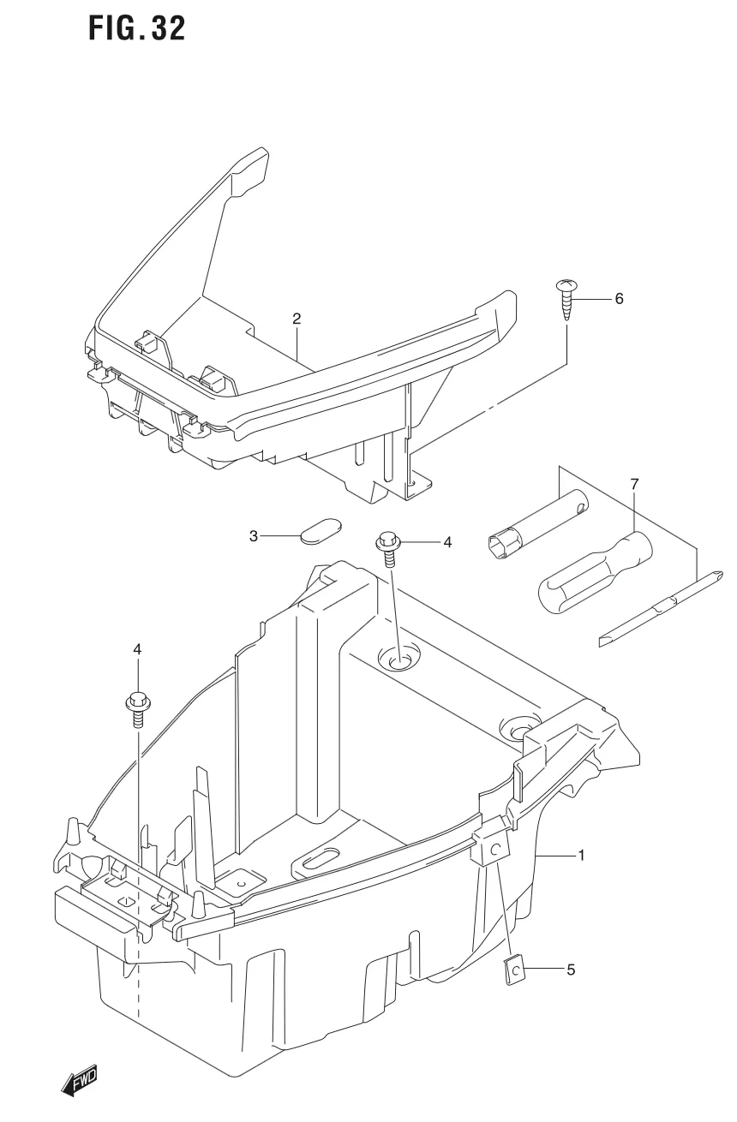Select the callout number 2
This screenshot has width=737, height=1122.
click(x=297, y=319)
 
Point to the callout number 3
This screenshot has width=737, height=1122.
click(x=254, y=536)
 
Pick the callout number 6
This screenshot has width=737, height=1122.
click(x=620, y=299)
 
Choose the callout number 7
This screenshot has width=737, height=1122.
click(x=634, y=485)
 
